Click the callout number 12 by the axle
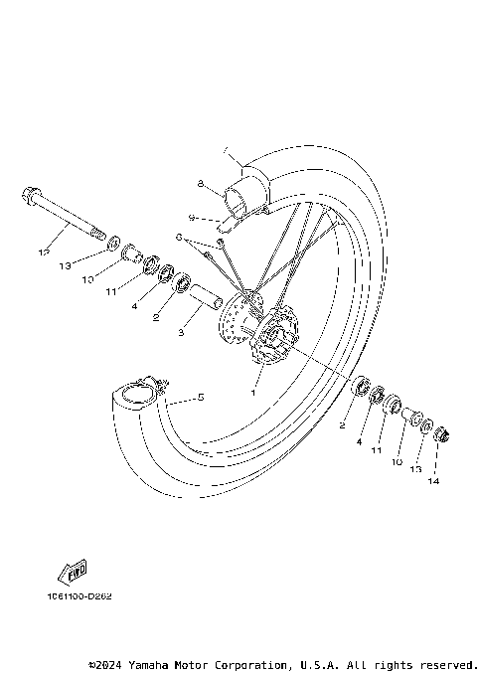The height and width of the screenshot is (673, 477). (x=43, y=252)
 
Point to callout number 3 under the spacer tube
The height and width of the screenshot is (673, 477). (x=181, y=333)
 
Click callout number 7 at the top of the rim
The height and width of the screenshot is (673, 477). (x=226, y=151)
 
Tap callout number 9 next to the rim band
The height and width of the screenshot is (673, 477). (x=191, y=217)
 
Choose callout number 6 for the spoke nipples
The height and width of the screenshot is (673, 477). (x=179, y=238)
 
